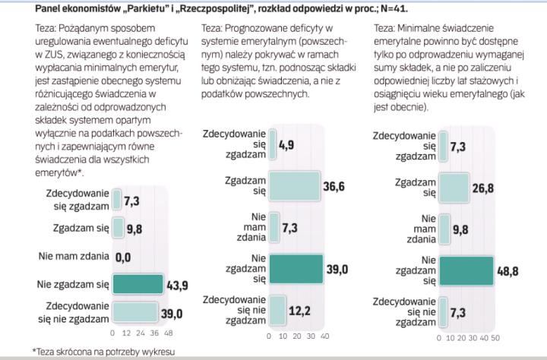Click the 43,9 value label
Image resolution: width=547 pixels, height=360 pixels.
point(176,284)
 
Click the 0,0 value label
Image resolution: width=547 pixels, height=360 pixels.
point(122,257)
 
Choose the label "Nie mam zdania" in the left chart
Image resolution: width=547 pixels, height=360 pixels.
point(72,256)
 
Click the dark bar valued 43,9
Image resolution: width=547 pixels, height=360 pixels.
point(137,284)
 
